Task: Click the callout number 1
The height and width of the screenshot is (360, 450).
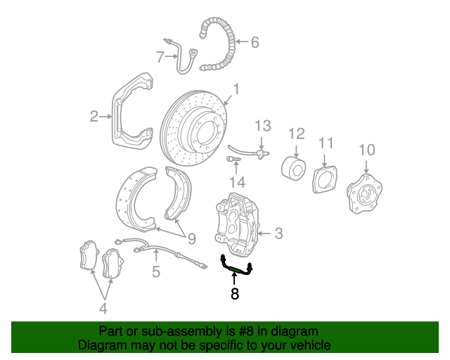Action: [237, 89]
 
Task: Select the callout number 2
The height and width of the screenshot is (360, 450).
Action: [94, 117]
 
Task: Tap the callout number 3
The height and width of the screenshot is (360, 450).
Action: [278, 233]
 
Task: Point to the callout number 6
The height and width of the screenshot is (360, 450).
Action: [255, 43]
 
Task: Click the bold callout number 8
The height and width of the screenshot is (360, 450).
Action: [235, 294]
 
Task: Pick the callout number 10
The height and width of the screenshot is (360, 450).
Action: [367, 149]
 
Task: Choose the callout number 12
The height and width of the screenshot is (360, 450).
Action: [296, 133]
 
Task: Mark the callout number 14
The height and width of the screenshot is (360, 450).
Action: [237, 182]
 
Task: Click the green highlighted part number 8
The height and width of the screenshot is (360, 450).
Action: [235, 266]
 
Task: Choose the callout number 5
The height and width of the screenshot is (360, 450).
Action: [155, 271]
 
